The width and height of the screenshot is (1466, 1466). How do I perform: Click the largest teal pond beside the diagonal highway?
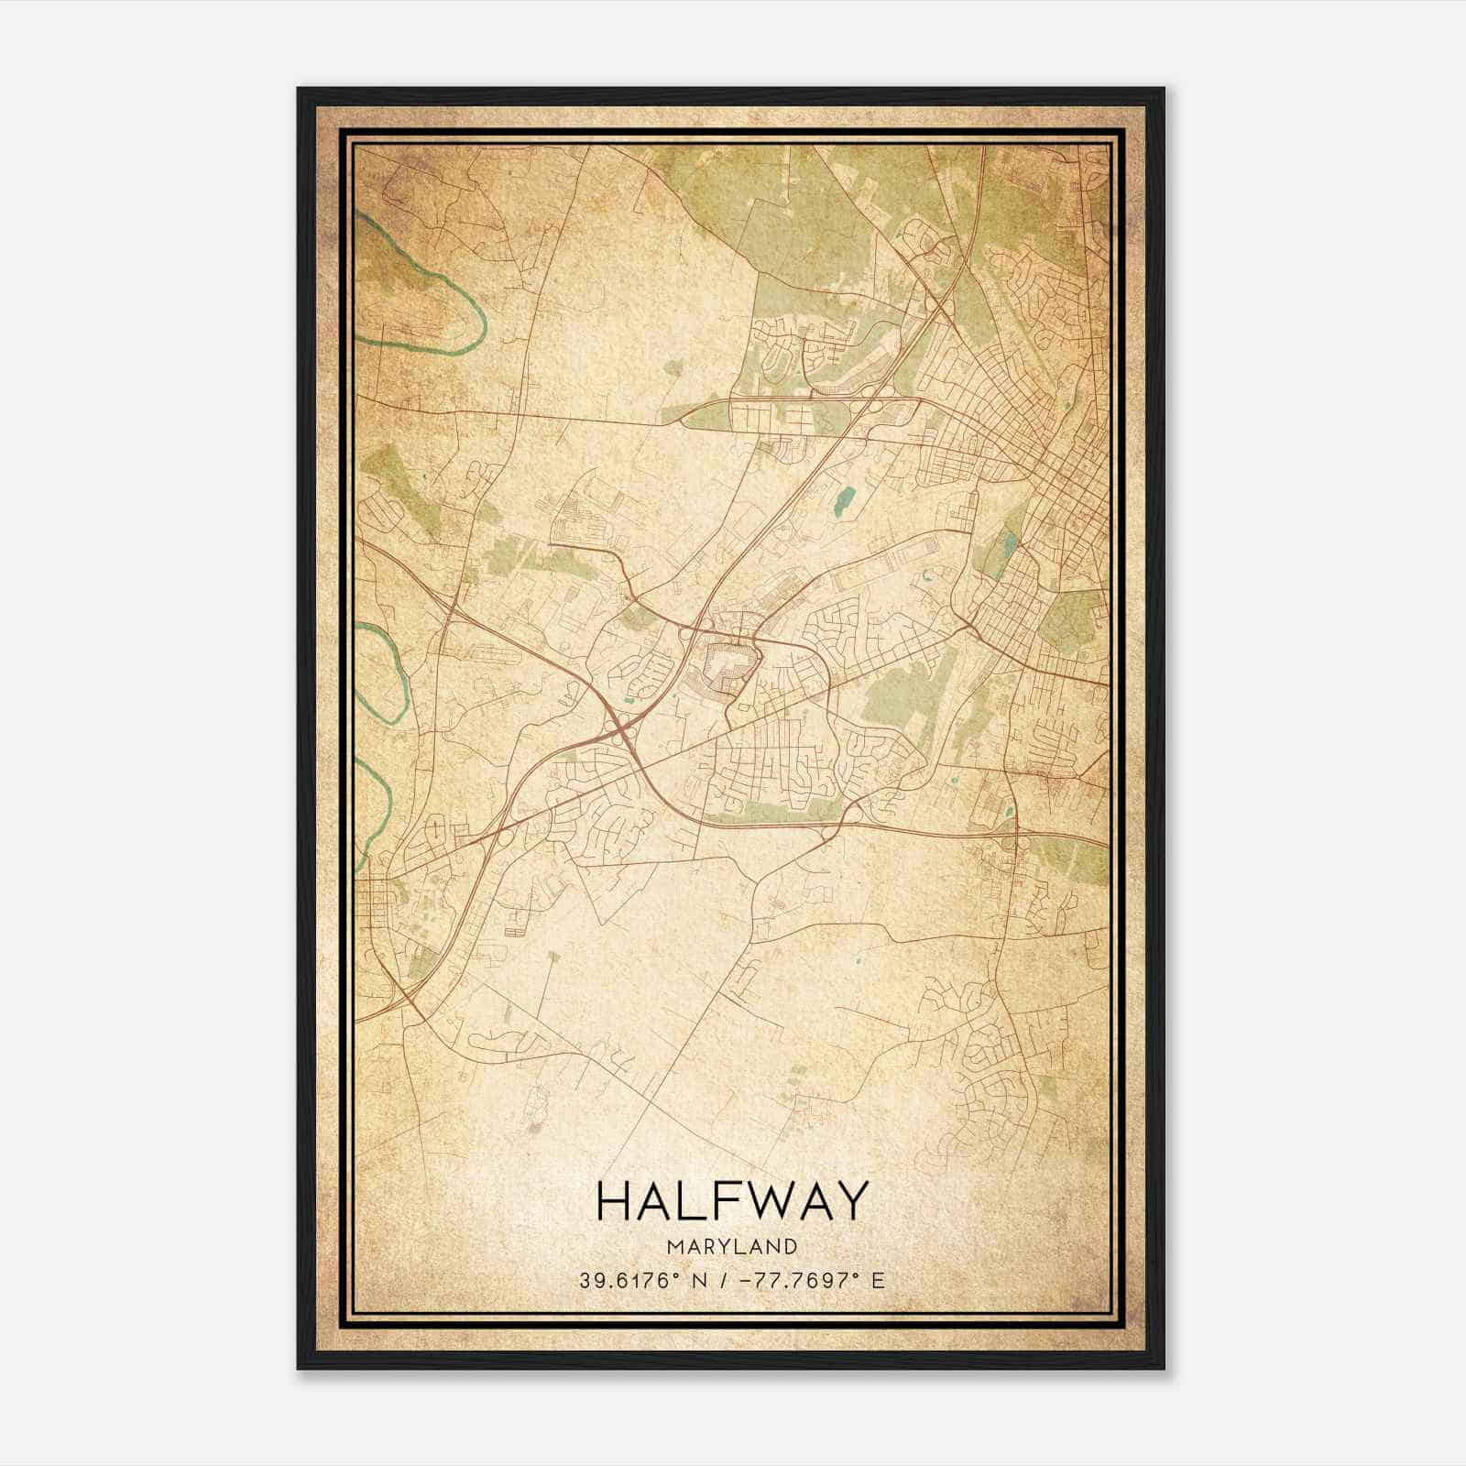(843, 499)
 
